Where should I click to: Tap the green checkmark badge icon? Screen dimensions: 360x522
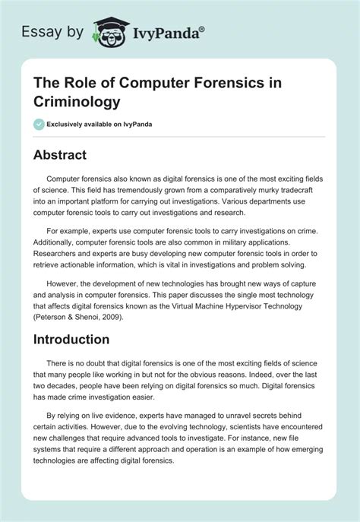(x=39, y=124)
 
